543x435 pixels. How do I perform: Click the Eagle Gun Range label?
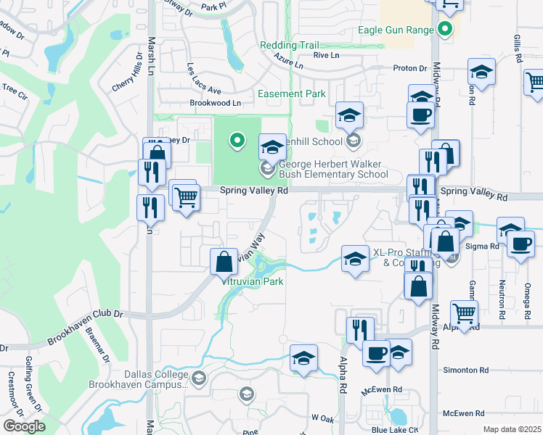pos(396,30)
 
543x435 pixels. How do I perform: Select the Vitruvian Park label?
pos(253,281)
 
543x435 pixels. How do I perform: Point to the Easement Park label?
pos(292,94)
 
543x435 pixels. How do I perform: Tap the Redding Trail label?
pos(289,45)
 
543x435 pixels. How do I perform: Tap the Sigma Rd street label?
pos(484,246)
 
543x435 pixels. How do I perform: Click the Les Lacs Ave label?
pos(203,80)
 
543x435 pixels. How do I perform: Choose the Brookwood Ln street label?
pos(215,103)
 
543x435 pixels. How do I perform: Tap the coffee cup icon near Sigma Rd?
pos(520,244)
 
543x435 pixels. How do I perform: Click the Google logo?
pos(24,426)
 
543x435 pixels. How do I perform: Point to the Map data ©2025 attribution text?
pos(512,429)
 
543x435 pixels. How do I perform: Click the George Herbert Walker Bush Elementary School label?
pos(334,169)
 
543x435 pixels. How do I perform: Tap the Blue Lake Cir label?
pos(395,429)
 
